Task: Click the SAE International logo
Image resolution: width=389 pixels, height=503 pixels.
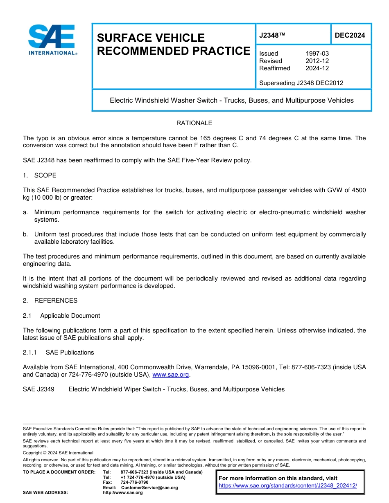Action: coord(52,39)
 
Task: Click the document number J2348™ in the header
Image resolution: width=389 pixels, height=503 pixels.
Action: coord(272,36)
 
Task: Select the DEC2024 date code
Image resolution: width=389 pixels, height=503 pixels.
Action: coord(350,36)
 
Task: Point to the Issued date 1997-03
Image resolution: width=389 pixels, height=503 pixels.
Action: coord(317,54)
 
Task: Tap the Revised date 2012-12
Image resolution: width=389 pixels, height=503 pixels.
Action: coord(317,61)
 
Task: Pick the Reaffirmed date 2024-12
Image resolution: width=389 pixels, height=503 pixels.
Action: coord(317,68)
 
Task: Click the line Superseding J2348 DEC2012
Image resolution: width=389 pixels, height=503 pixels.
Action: coord(301,83)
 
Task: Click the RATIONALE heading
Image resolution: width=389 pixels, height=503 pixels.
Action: coord(194,123)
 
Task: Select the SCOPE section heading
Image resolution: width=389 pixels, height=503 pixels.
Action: coord(45,175)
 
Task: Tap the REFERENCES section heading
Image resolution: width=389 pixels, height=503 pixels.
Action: coord(56,301)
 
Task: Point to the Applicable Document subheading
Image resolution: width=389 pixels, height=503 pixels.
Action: coord(70,316)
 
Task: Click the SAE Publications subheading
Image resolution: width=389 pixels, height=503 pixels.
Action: coord(70,353)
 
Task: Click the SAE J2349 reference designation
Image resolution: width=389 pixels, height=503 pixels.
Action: coord(38,389)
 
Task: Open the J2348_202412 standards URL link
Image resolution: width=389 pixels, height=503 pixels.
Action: coord(288,485)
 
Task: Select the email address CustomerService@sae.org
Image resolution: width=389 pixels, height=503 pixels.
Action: coord(149,487)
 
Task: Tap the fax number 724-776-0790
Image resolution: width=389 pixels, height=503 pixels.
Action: coord(134,483)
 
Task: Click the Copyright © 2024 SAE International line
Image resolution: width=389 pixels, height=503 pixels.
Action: coord(58,453)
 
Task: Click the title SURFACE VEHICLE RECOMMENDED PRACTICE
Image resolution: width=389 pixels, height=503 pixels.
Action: coord(173,44)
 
